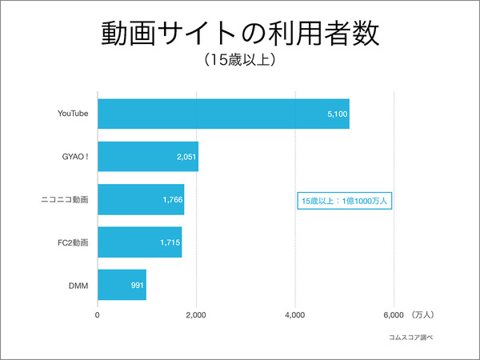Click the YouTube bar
223,114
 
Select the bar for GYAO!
148,156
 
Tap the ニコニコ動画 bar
141,199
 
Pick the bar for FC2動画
139,242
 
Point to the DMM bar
122,284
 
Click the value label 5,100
337,114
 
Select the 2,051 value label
186,157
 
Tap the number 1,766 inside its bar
172,199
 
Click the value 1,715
170,242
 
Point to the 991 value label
137,285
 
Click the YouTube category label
72,114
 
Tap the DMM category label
78,284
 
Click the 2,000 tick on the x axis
196,314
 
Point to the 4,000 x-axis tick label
295,314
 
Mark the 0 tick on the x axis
98,314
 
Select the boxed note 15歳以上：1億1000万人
344,200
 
